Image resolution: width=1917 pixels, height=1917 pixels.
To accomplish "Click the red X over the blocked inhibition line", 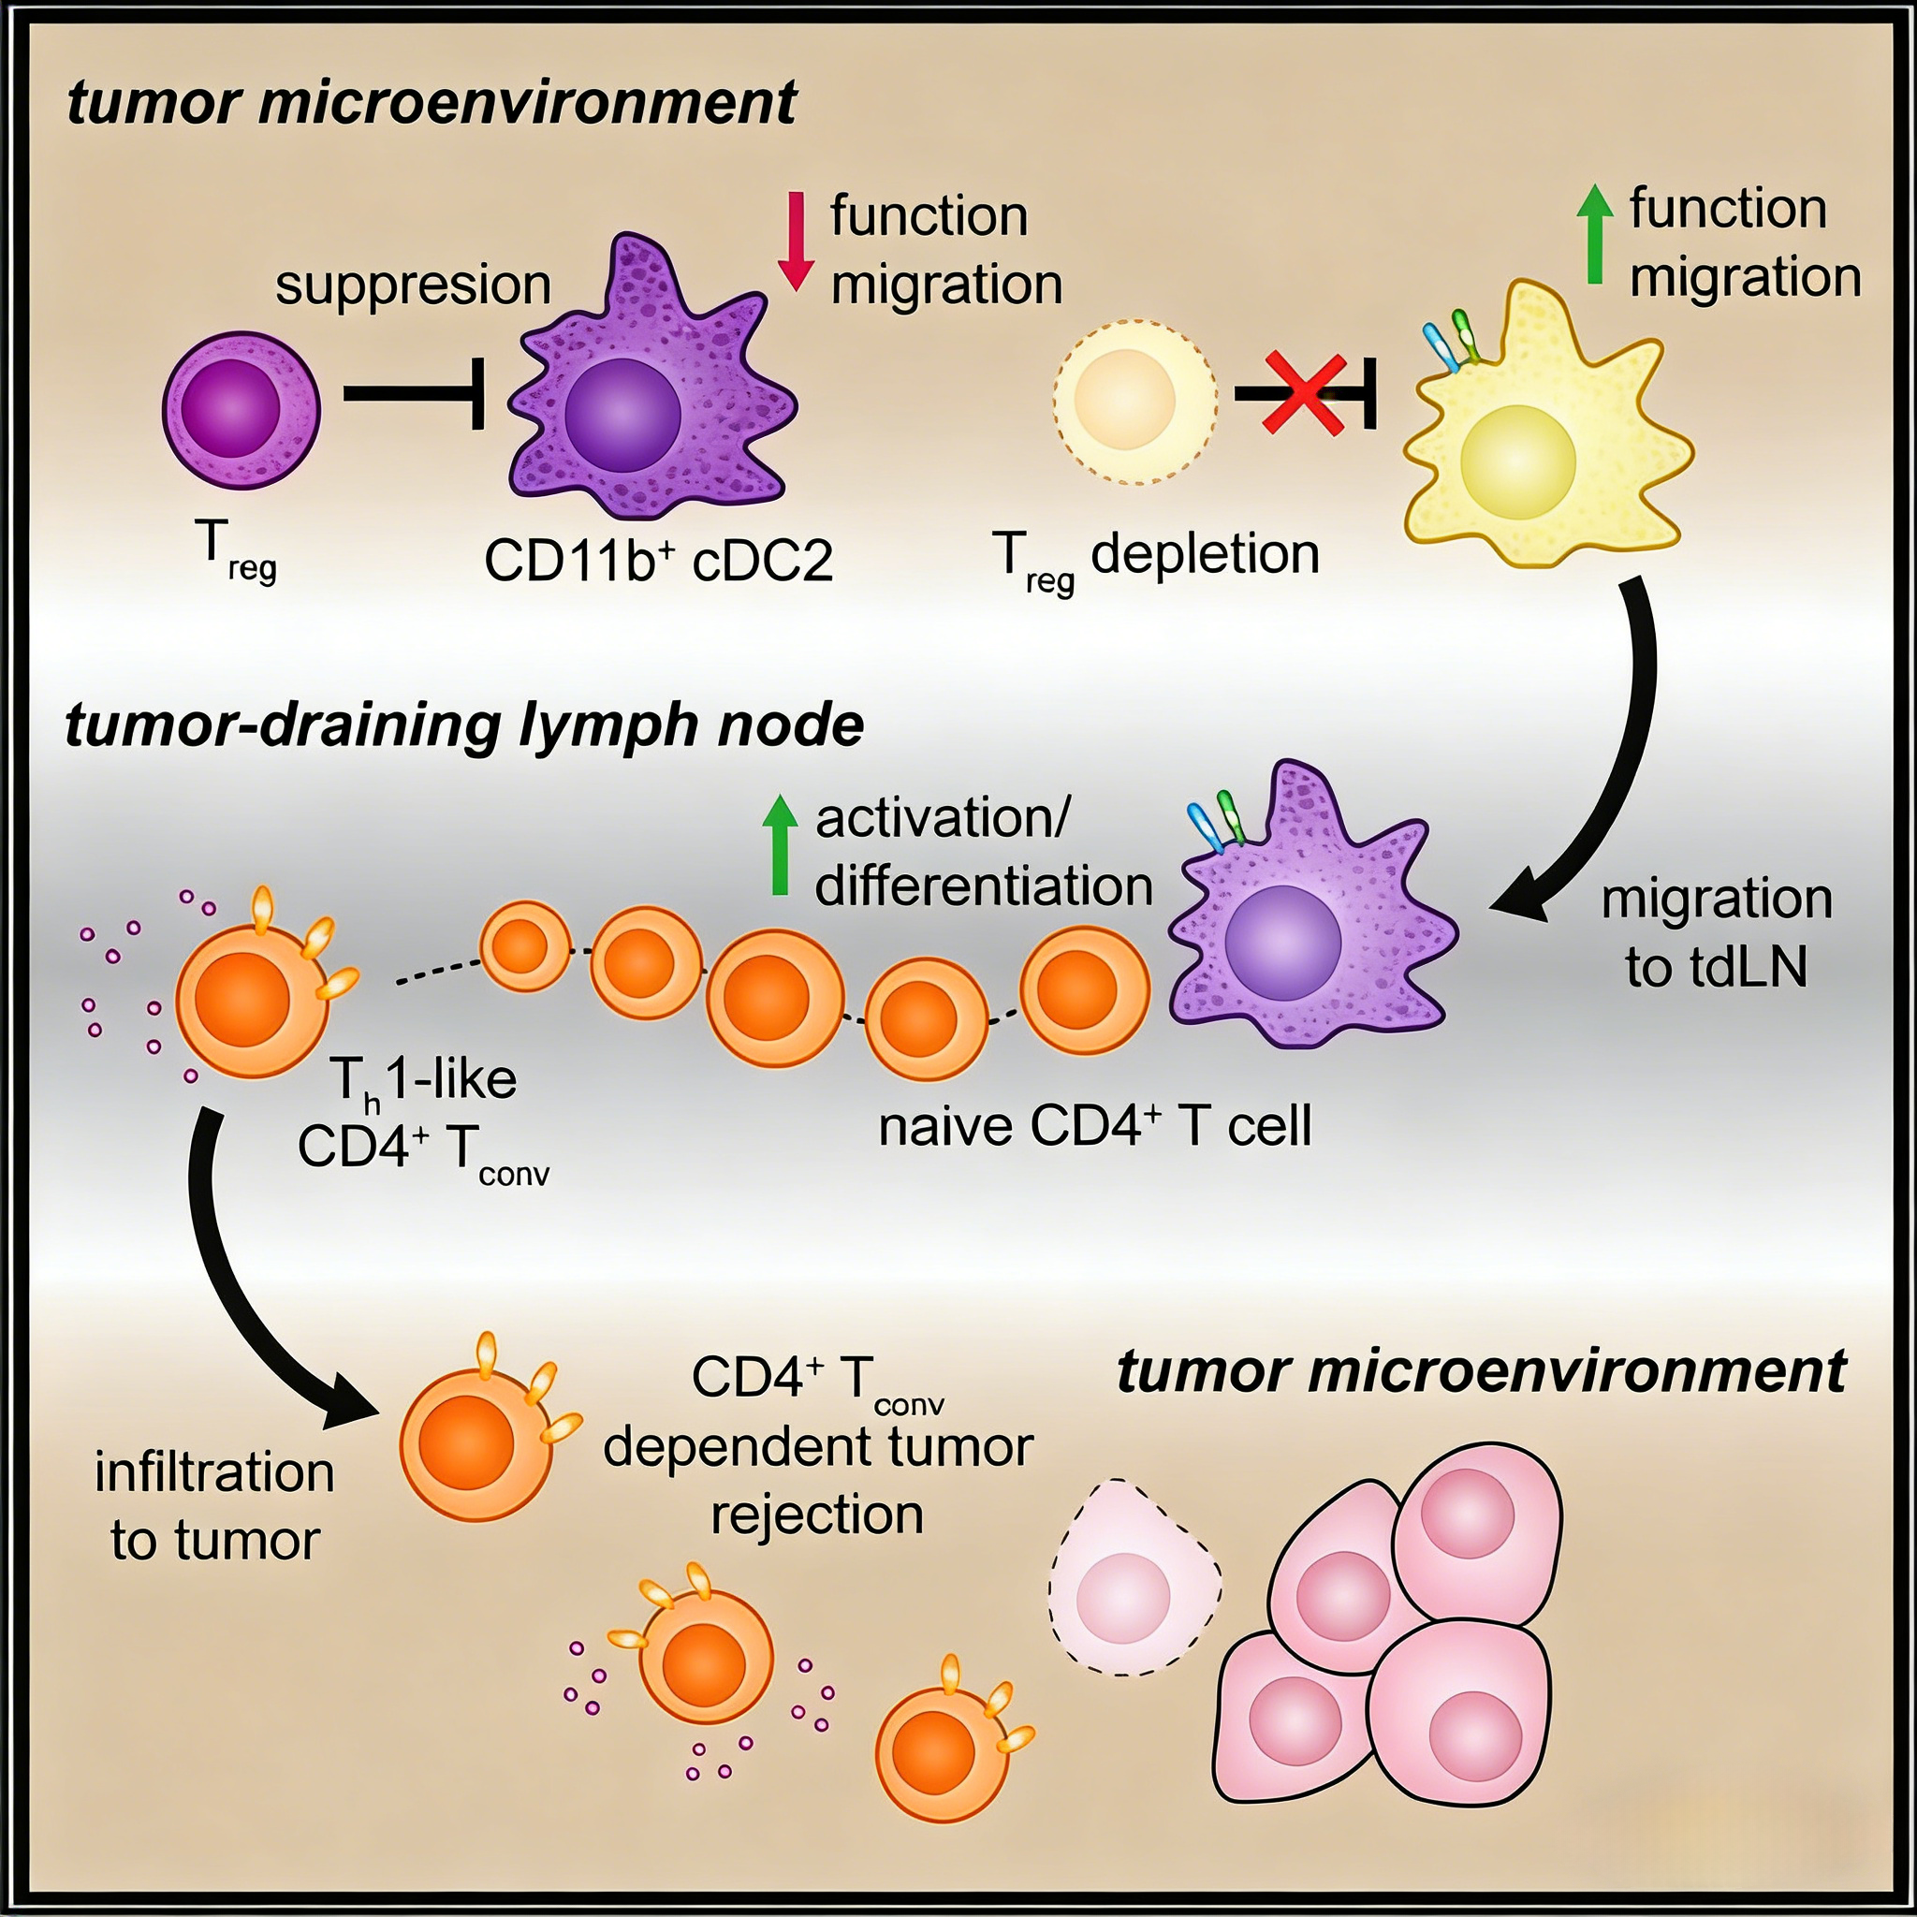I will tap(1303, 395).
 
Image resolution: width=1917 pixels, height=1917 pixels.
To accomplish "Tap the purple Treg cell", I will tap(241, 409).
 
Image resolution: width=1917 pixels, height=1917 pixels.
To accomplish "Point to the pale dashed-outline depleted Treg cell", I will tap(1135, 402).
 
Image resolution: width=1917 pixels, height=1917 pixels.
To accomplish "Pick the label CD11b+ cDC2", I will tap(658, 561).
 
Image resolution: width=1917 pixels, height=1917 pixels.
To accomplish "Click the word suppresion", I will tap(413, 285).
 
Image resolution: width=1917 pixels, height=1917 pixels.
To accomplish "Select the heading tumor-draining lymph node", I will tap(463, 725).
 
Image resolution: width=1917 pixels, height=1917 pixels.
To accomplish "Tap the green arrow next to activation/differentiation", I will tap(780, 844).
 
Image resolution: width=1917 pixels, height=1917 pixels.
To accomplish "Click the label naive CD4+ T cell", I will tap(1094, 1125).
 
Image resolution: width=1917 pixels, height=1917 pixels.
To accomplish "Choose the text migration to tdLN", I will tap(1717, 932).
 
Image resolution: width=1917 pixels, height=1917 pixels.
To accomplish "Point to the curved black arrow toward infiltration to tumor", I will tap(248, 1290).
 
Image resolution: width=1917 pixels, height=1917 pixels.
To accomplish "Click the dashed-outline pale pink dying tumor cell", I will tap(1134, 1577).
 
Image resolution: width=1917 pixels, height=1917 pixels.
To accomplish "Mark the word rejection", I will tap(816, 1515).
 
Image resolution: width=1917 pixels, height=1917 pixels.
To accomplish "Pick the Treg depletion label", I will tap(1156, 556).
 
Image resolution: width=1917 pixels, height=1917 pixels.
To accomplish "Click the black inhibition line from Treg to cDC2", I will tap(412, 394).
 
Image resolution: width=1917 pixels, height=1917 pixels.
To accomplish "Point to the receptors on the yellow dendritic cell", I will tap(1449, 341).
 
